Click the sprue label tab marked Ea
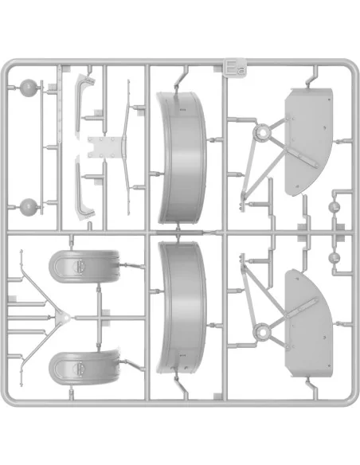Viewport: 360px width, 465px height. [x=235, y=68]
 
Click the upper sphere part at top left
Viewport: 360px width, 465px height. [x=28, y=88]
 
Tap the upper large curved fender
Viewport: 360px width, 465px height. [x=181, y=158]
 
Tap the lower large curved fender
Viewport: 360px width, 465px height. [x=182, y=307]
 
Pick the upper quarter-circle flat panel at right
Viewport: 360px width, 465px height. [x=308, y=141]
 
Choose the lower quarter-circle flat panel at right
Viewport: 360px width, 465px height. [x=308, y=324]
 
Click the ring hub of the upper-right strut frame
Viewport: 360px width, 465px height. [x=262, y=132]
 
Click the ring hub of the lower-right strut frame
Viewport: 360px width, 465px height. [x=262, y=332]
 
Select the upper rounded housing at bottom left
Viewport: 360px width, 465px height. [x=84, y=267]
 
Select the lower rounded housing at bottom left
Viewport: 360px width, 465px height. [x=84, y=368]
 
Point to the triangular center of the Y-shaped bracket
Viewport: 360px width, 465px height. [x=64, y=318]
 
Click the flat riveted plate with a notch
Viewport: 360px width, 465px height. [x=105, y=147]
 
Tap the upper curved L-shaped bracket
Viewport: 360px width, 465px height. [x=84, y=101]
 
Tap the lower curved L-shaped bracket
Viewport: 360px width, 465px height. [x=84, y=190]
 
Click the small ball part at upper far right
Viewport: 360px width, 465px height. [x=334, y=206]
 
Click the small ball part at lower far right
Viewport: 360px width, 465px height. [x=334, y=257]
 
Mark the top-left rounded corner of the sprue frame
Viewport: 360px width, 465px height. [x=6, y=66]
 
